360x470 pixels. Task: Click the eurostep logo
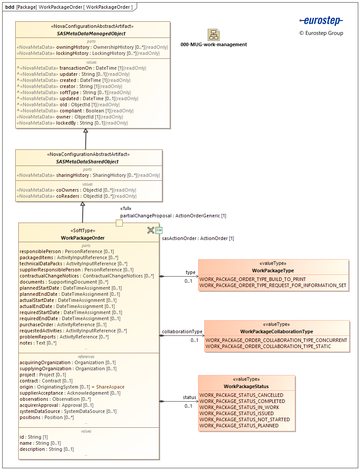point(321,20)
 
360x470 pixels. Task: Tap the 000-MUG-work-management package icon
point(213,35)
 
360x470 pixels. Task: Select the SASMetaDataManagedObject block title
point(91,34)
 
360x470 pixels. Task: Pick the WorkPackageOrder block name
point(83,238)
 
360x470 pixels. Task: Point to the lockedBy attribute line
point(72,123)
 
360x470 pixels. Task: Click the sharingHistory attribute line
point(88,176)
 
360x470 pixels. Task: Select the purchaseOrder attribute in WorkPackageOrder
point(63,325)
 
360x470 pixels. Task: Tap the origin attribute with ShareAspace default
point(72,387)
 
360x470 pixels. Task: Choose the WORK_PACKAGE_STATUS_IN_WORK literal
point(239,407)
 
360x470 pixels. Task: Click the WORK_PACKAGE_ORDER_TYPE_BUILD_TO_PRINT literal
point(252,279)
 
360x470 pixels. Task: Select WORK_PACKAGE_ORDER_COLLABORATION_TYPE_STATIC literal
point(268,346)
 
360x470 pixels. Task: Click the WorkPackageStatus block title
point(246,386)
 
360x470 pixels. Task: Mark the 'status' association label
point(189,397)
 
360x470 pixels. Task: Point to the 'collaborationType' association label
point(182,331)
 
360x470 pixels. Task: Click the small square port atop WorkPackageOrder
point(119,223)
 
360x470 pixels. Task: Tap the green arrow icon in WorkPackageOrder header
point(159,230)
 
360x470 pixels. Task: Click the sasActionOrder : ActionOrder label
point(198,238)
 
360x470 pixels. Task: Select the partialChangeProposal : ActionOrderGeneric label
point(173,216)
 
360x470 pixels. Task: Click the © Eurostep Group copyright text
point(321,33)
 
